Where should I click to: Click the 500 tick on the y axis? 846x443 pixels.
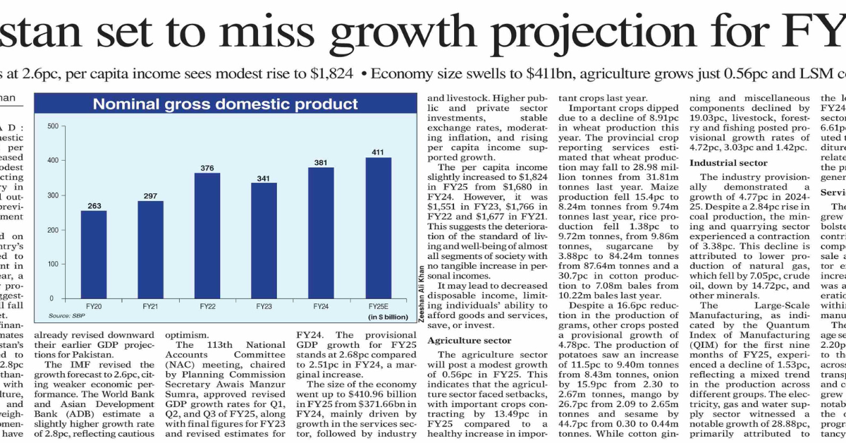(x=52, y=126)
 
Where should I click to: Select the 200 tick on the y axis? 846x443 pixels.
(x=52, y=229)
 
